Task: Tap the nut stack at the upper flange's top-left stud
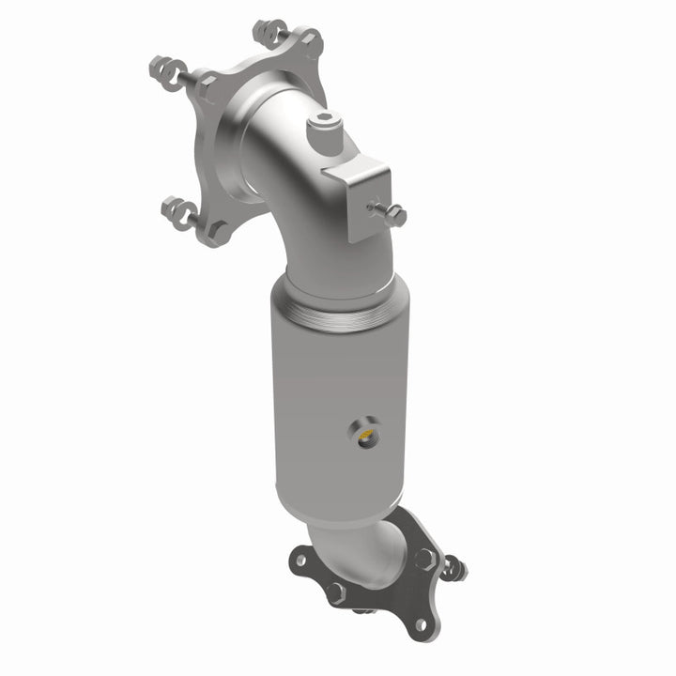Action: tap(167, 69)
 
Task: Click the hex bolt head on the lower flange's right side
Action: tap(423, 555)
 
